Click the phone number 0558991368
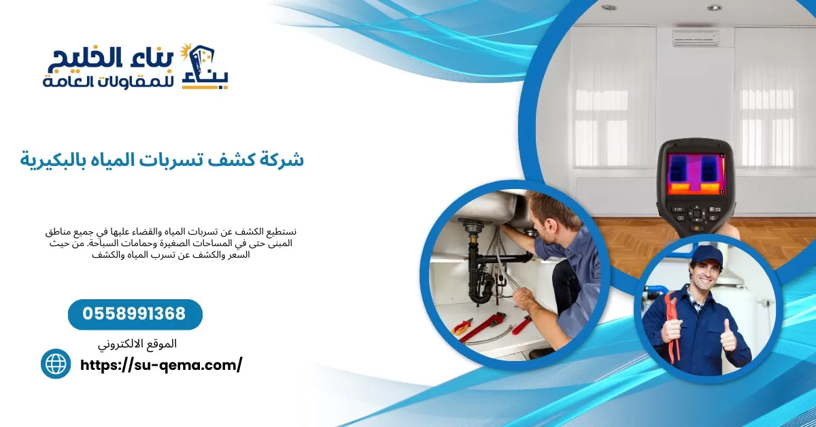pos(135,314)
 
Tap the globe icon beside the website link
pos(56,364)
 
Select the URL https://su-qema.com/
pos(161,365)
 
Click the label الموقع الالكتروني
pos(137,344)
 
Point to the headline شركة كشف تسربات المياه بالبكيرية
pos(162,160)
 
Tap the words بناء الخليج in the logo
pos(112,59)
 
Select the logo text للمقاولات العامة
pos(109,82)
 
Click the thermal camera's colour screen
pos(696,173)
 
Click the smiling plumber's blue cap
pos(707,256)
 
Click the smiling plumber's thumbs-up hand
pos(728,336)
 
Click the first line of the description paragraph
pos(170,232)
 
